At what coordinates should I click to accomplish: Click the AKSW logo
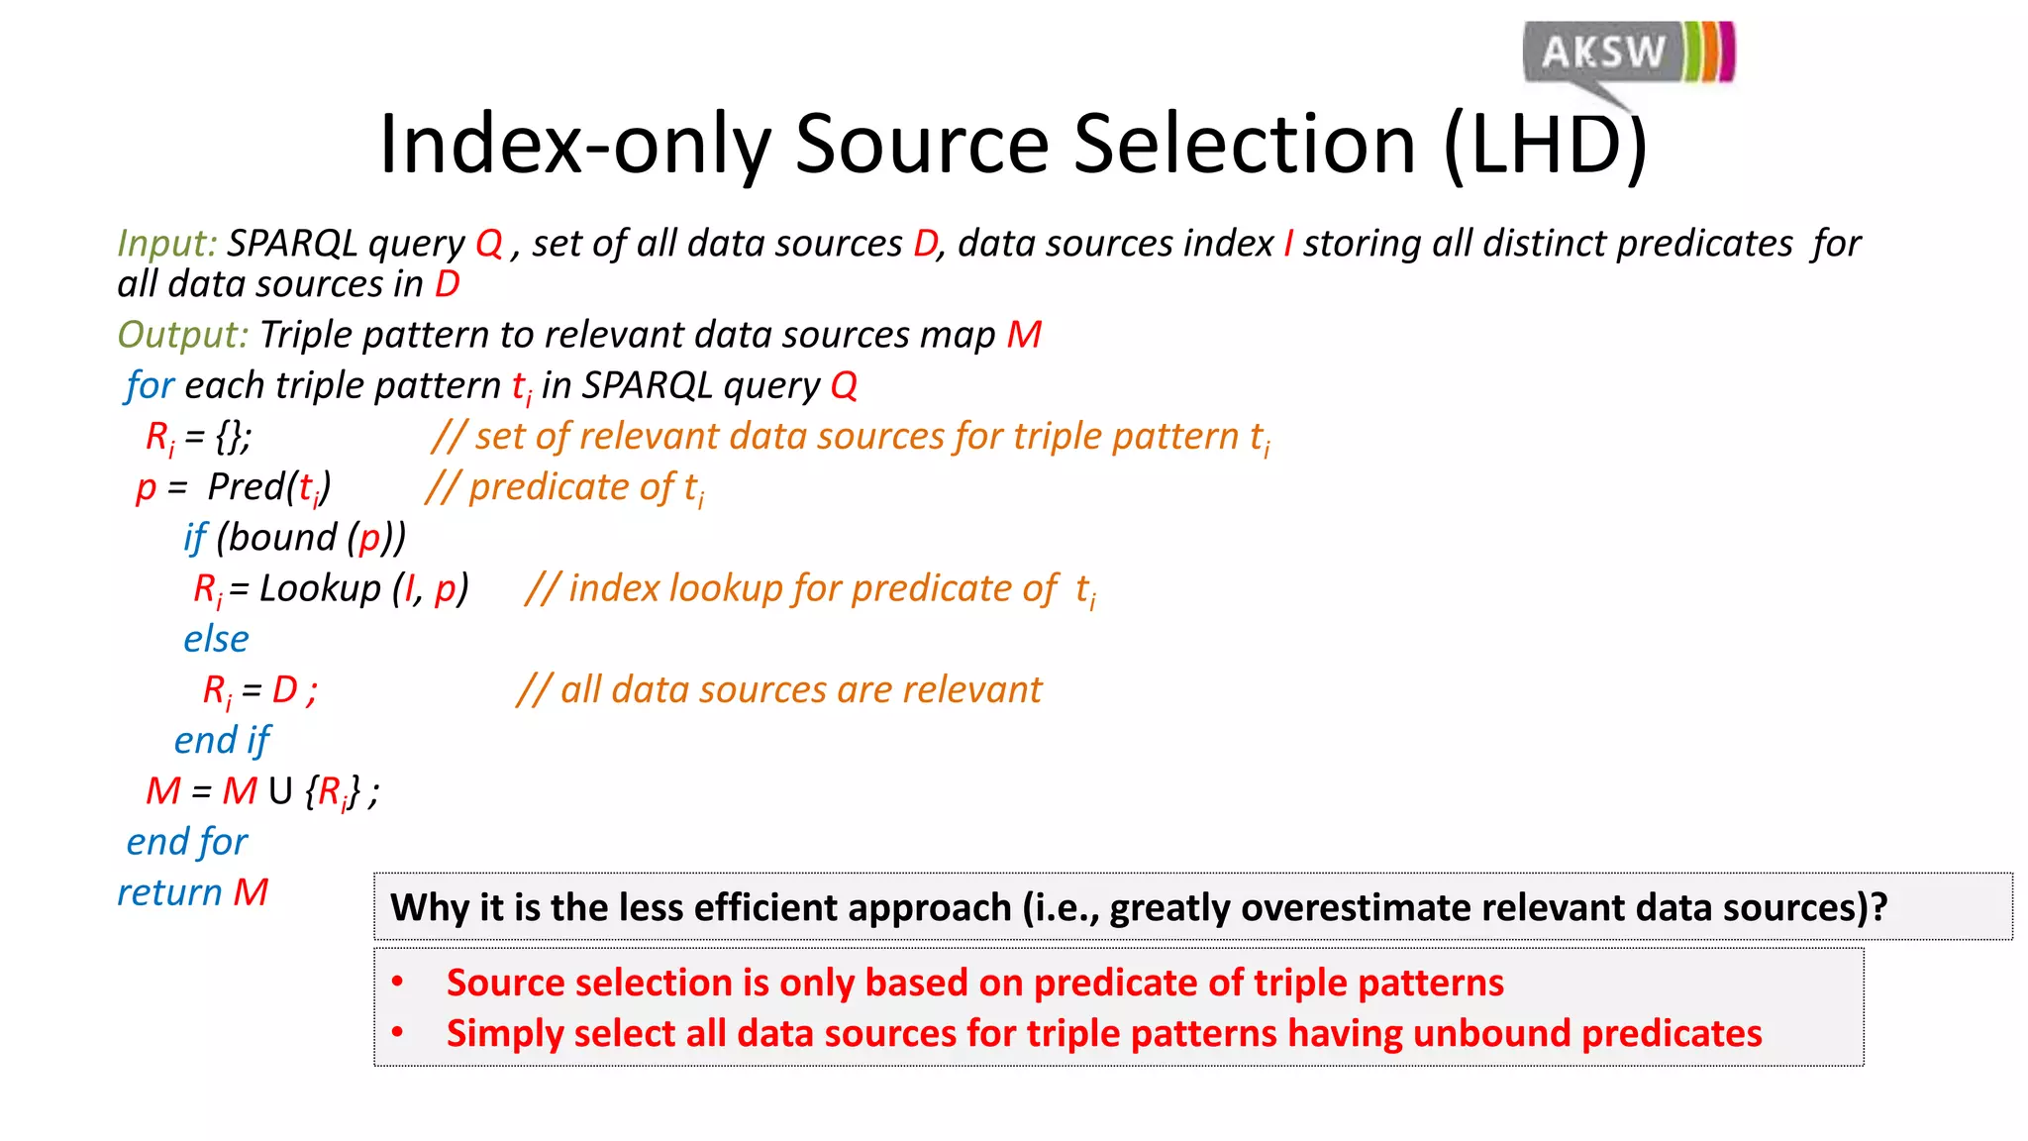pyautogui.click(x=1628, y=53)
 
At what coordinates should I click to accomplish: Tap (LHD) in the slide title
pyautogui.click(x=1546, y=145)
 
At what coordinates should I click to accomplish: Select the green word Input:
pyautogui.click(x=166, y=244)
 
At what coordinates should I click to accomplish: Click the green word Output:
pyautogui.click(x=182, y=335)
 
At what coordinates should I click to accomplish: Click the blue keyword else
pyautogui.click(x=216, y=639)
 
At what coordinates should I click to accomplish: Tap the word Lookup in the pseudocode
pyautogui.click(x=319, y=588)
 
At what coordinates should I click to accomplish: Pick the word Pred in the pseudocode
pyautogui.click(x=246, y=487)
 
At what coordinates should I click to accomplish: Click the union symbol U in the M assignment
pyautogui.click(x=280, y=791)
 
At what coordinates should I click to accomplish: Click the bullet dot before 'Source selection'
pyautogui.click(x=397, y=983)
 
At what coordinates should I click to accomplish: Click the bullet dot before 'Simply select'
pyautogui.click(x=397, y=1033)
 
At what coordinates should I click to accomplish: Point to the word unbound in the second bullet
pyautogui.click(x=1490, y=1033)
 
